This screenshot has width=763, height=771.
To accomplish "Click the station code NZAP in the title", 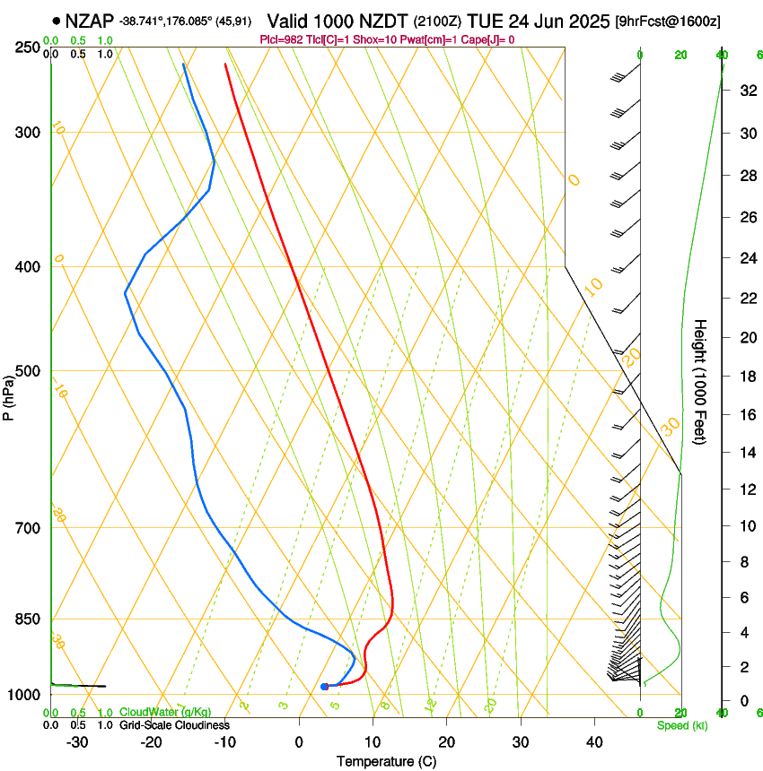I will point(90,21).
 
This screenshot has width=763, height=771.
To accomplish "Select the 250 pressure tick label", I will point(26,48).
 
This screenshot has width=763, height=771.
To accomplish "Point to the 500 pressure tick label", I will point(26,371).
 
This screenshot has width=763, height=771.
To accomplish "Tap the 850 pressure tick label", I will point(26,619).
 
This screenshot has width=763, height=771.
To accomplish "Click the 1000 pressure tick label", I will point(22,695).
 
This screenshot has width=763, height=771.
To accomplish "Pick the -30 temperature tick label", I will point(76,742).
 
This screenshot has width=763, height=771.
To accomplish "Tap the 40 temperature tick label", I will point(593,742).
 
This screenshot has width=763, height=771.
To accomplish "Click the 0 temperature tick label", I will point(299,742).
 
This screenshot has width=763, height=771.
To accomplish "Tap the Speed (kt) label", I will point(682,725).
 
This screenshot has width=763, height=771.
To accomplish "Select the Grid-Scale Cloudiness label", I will point(174,724).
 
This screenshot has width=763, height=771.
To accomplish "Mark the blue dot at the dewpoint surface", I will point(325,687).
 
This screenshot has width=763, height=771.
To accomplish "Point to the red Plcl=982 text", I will point(281,39).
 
